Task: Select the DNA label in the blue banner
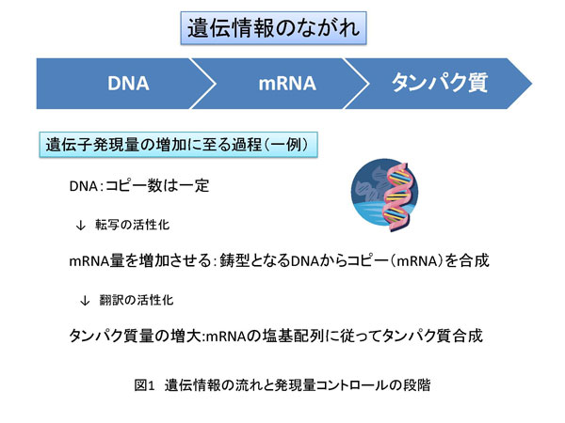pos(127,84)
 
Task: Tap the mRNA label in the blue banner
pos(286,84)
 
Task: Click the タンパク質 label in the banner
pos(439,84)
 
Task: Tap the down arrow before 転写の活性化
pos(80,225)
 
